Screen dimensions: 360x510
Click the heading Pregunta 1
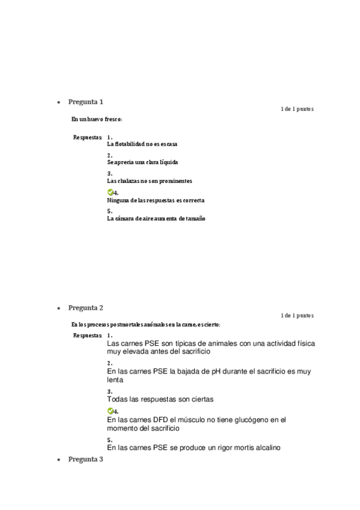coord(85,102)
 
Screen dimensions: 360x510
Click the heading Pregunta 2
coord(85,308)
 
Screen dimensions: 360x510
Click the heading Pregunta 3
coord(85,459)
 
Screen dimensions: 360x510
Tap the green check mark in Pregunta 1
coord(110,192)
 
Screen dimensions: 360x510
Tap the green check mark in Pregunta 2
coord(110,411)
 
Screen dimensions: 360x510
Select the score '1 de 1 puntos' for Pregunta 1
coord(297,109)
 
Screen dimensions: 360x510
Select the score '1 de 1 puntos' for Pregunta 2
coord(297,315)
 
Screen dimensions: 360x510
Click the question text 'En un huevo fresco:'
coord(96,119)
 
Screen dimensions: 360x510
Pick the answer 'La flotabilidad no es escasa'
coord(142,144)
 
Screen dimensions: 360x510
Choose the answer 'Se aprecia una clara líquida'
coord(142,162)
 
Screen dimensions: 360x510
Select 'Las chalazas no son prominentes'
coord(150,180)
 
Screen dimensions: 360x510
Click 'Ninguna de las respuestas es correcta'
coord(156,200)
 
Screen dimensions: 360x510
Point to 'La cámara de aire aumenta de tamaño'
coord(156,219)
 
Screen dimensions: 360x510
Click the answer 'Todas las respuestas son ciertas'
coord(160,399)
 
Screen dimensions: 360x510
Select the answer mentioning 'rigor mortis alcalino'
coord(194,448)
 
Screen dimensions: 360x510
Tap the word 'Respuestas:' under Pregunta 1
coord(88,138)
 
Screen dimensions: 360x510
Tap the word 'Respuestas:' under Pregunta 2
coord(88,336)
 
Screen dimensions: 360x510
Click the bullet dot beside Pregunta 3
coord(58,460)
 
